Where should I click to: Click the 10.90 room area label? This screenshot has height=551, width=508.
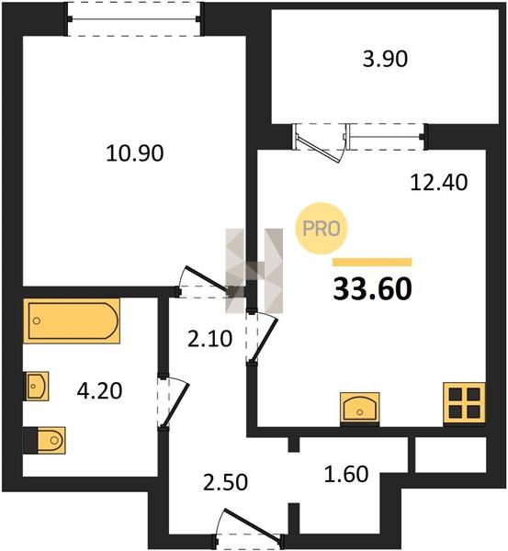(135, 153)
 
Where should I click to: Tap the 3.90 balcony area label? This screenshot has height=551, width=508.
(385, 59)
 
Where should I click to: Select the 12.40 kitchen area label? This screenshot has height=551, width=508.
(439, 183)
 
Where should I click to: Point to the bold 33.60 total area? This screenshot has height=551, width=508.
(372, 289)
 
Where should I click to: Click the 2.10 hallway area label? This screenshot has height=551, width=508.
(209, 340)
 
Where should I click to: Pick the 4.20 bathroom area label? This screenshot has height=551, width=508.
(99, 391)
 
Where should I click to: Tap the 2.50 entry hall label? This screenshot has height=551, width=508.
(225, 482)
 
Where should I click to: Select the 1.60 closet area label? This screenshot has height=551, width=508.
(346, 473)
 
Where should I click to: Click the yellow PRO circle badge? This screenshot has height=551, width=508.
(322, 229)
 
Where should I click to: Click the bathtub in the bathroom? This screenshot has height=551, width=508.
(72, 320)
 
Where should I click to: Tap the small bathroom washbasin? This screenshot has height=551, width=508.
(36, 386)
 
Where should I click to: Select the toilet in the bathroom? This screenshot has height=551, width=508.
(44, 440)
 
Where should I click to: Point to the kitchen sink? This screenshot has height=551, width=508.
(360, 410)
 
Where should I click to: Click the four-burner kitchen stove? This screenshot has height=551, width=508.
(465, 403)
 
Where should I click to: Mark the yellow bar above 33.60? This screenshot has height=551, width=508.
(372, 262)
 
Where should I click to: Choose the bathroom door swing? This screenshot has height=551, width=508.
(175, 403)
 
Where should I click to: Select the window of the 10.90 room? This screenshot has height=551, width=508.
(134, 19)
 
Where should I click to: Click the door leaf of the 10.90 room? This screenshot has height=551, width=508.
(208, 279)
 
